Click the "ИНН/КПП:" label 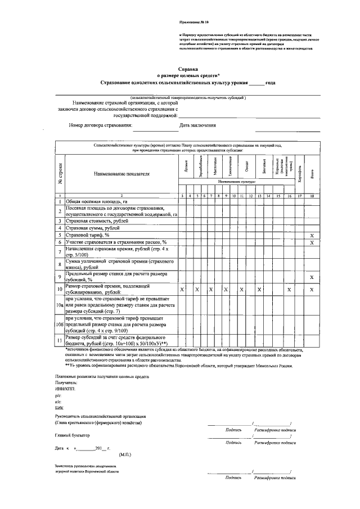(x=65, y=389)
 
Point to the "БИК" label (x=59, y=409)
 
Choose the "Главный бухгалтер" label (x=72, y=435)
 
